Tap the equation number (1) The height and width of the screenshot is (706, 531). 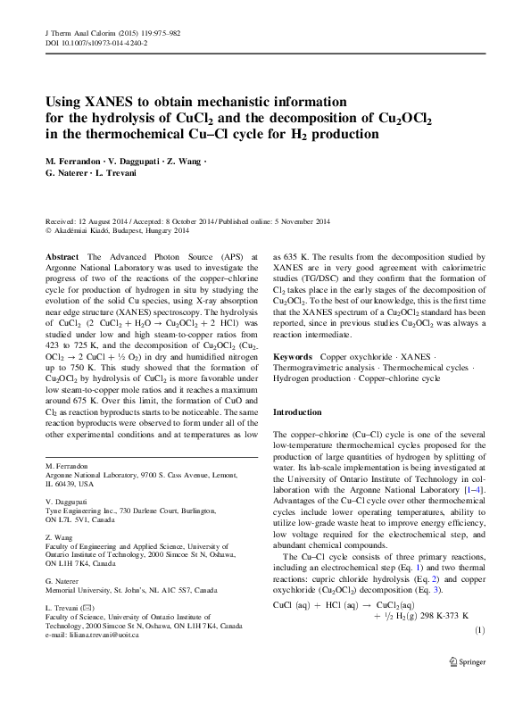pos(478,656)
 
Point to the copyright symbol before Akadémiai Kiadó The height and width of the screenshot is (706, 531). pos(47,230)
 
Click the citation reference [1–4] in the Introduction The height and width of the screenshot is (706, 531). pos(473,488)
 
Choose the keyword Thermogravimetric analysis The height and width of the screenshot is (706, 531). pos(323,366)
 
